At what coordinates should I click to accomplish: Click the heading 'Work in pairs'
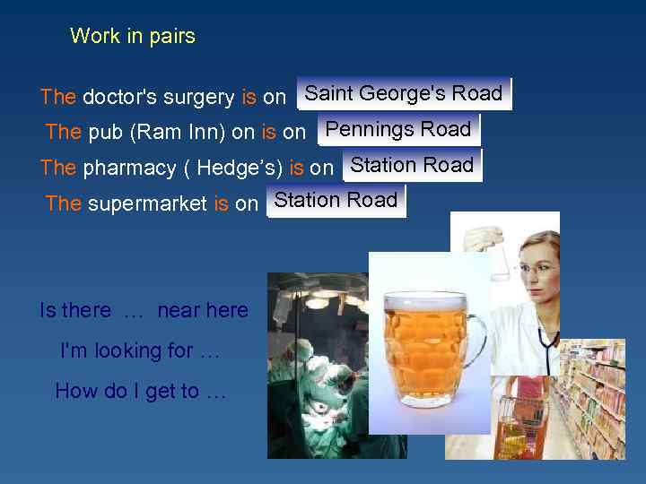pyautogui.click(x=132, y=37)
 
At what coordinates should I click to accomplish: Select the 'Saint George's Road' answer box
pyautogui.click(x=404, y=93)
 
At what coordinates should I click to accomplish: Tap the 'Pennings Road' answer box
pyautogui.click(x=398, y=129)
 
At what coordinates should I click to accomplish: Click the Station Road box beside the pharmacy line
pyautogui.click(x=412, y=165)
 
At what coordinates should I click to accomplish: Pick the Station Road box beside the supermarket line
pyautogui.click(x=336, y=201)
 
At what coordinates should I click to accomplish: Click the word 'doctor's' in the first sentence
pyautogui.click(x=115, y=97)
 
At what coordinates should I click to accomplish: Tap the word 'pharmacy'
pyautogui.click(x=129, y=168)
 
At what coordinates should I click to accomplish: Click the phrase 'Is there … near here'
pyautogui.click(x=144, y=311)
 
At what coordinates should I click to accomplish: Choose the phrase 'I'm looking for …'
pyautogui.click(x=139, y=351)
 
